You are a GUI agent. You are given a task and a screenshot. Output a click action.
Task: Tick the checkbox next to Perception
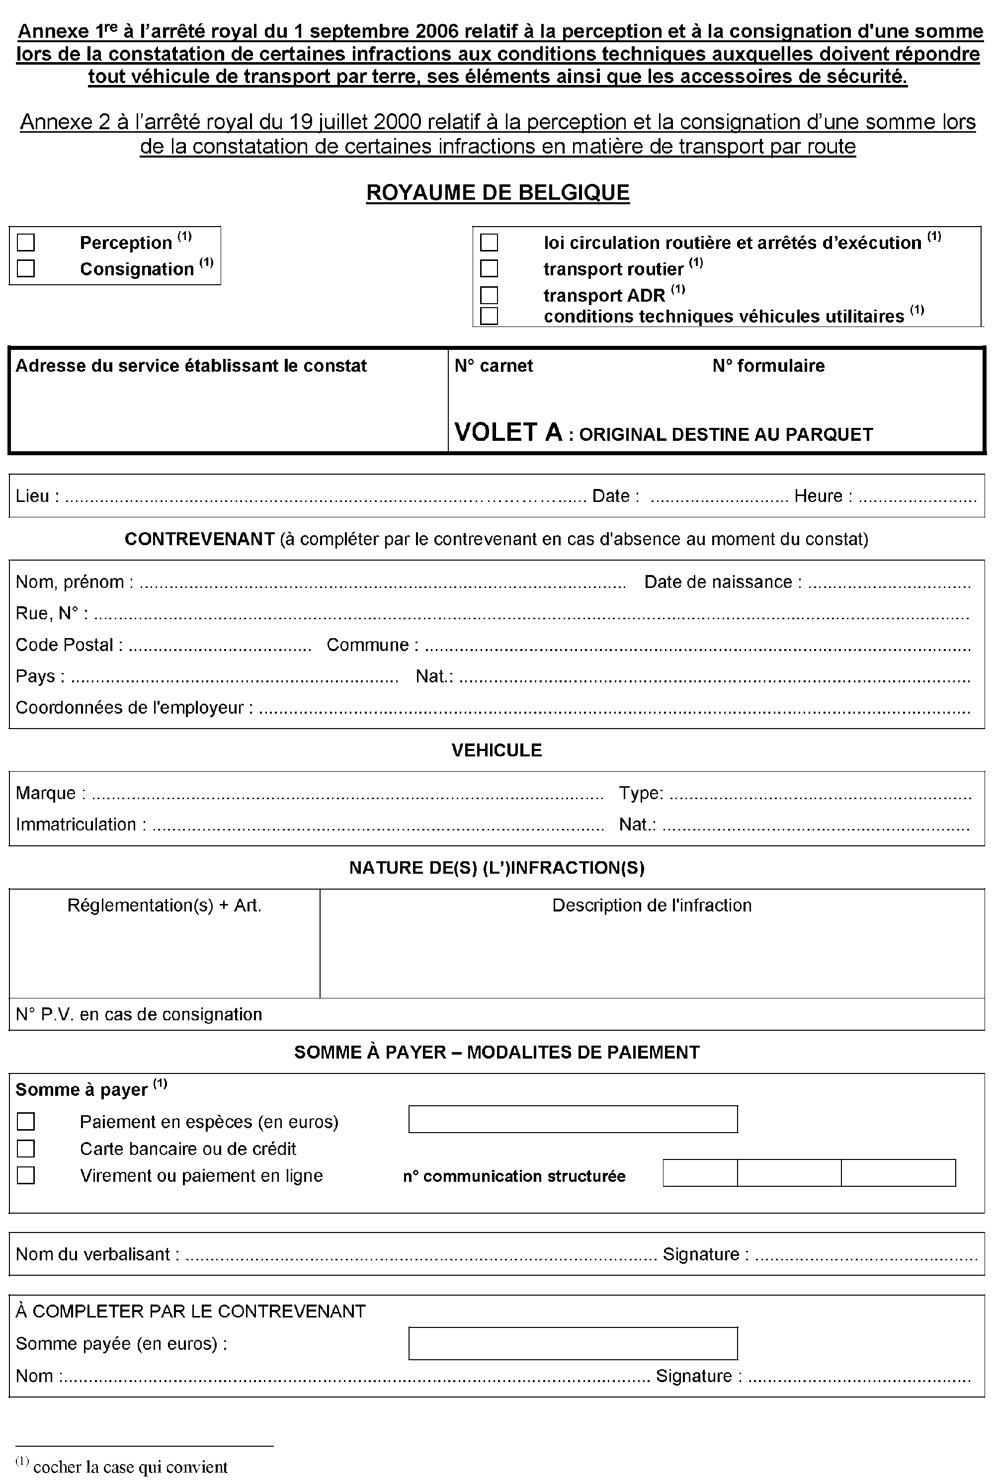tap(26, 243)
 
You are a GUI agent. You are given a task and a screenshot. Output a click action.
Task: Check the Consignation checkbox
tap(26, 269)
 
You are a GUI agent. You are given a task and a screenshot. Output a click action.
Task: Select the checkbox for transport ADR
tap(489, 295)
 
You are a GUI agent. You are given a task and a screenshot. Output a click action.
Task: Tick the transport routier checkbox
tap(489, 269)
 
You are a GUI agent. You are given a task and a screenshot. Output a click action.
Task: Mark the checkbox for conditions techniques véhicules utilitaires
tap(489, 316)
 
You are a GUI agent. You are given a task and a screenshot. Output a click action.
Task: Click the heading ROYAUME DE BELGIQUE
tap(498, 192)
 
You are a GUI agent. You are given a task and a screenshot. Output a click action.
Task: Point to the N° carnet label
tap(494, 366)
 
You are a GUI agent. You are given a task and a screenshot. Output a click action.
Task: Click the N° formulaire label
tap(768, 366)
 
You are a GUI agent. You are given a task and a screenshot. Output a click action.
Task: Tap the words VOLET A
tap(508, 432)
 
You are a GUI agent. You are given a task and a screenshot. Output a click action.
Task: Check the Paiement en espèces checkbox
tap(26, 1122)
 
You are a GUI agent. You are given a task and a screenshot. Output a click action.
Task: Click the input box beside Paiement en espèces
tap(573, 1119)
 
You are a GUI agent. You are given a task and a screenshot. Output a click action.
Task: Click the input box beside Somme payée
tap(573, 1343)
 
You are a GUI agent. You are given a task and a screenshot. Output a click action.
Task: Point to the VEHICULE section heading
tap(497, 750)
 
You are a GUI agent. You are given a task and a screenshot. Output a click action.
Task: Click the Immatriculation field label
tap(76, 824)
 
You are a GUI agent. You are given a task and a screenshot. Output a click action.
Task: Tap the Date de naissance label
tap(718, 582)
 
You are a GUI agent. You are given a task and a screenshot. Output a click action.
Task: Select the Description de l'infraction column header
tap(651, 905)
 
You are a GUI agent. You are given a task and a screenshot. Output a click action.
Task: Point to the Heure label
tap(818, 496)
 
